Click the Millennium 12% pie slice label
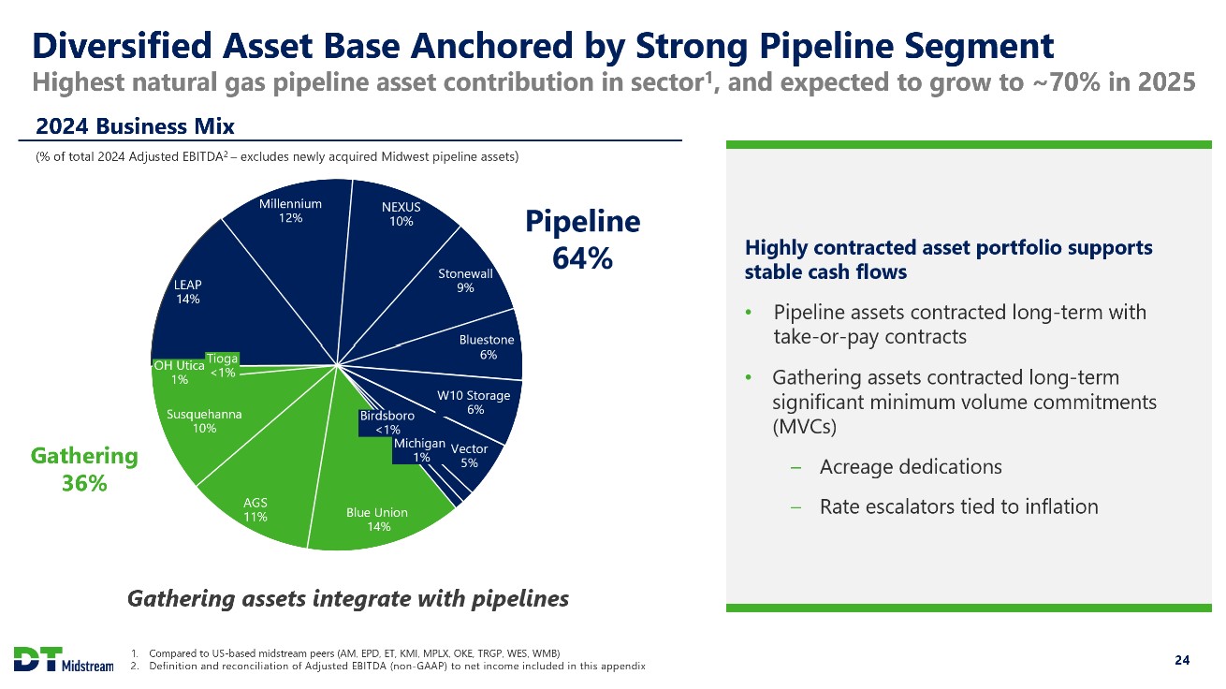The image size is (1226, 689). pos(290,211)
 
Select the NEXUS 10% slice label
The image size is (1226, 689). pos(401,214)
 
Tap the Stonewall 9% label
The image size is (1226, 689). pos(465,281)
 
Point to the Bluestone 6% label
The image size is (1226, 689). pos(487,347)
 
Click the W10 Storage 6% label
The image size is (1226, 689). pos(474,403)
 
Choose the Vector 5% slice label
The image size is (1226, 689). pos(469,456)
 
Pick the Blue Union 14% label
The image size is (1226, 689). pos(377,520)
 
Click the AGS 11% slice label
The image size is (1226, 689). pos(255,509)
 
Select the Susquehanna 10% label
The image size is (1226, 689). pos(204,421)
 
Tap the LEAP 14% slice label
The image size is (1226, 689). pos(188,292)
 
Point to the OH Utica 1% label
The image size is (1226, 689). pos(179,373)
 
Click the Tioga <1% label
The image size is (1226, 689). pos(222,366)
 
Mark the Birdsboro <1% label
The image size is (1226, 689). pos(387,422)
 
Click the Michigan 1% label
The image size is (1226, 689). pos(420,450)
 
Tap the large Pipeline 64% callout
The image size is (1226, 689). pos(582,240)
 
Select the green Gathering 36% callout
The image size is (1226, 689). pos(84,470)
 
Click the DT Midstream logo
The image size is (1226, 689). pos(64,659)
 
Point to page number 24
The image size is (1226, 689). pos(1182,660)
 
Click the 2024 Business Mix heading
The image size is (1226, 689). pos(135,126)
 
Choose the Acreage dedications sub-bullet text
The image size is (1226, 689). pos(911,467)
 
